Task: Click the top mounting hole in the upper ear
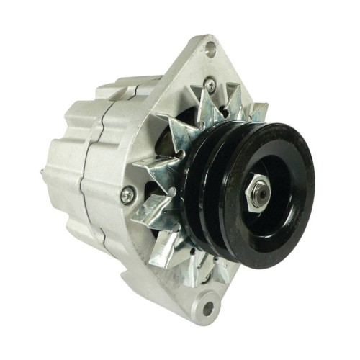[210, 49]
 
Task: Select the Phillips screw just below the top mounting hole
[209, 85]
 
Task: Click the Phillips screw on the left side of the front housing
[127, 193]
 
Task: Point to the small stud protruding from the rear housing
[45, 172]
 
